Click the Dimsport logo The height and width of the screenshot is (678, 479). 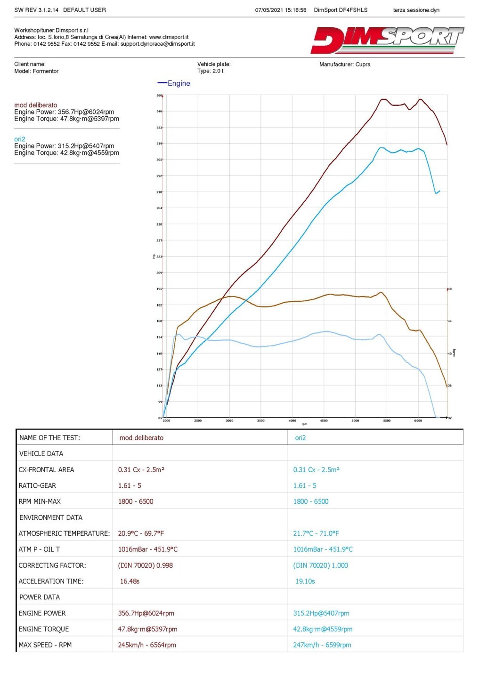coord(387,40)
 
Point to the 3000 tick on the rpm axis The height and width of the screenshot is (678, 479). coord(229,420)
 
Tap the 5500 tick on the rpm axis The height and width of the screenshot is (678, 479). coord(387,420)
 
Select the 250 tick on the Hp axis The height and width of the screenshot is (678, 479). coord(159,224)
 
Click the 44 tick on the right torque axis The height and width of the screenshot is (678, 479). coord(450,321)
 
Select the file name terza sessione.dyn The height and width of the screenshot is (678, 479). coord(416,10)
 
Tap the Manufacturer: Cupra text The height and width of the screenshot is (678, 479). coord(345,65)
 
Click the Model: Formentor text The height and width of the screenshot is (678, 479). coord(36,72)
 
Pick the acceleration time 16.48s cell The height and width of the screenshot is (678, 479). coord(130,581)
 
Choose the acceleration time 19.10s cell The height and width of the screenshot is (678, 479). coord(305,581)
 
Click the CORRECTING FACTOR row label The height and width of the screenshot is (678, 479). coord(52,565)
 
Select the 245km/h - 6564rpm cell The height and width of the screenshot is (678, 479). coord(147,645)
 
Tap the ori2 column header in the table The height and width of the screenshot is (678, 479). coord(300,438)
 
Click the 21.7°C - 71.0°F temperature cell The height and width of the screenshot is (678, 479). coord(316,533)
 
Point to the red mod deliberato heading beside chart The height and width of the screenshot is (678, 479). coord(36,105)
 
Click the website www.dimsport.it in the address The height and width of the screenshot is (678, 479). coord(169,37)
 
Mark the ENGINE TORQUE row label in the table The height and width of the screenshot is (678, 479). coord(44,629)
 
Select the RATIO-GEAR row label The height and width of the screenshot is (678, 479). coord(37,485)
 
